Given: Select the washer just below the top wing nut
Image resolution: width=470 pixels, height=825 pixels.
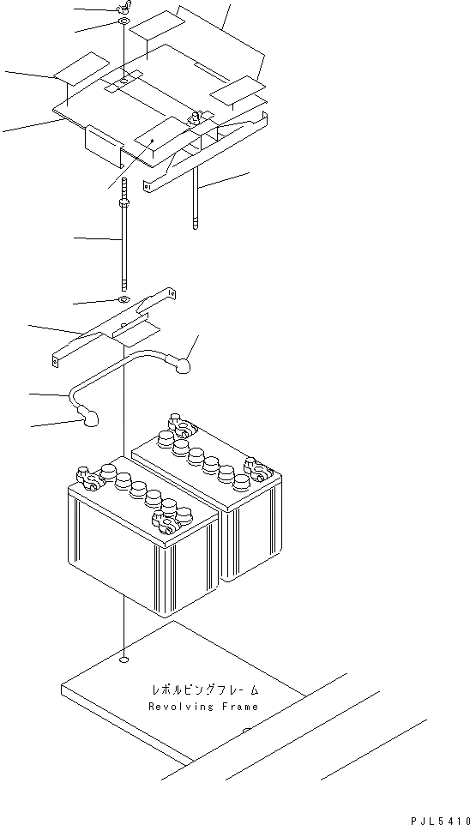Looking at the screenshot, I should (x=124, y=21).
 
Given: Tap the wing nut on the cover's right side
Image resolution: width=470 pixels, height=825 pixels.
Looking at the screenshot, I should (x=196, y=116).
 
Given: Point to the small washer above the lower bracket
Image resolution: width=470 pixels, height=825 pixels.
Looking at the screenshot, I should (x=124, y=299).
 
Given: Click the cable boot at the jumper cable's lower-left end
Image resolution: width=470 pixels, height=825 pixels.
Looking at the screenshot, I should (x=88, y=418).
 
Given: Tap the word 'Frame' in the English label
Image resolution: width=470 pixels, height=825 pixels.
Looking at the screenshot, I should (x=237, y=707).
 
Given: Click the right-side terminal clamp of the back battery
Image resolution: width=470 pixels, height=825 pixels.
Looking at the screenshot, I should (x=256, y=468).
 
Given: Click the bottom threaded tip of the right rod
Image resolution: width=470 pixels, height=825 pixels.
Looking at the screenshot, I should (x=197, y=225).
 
